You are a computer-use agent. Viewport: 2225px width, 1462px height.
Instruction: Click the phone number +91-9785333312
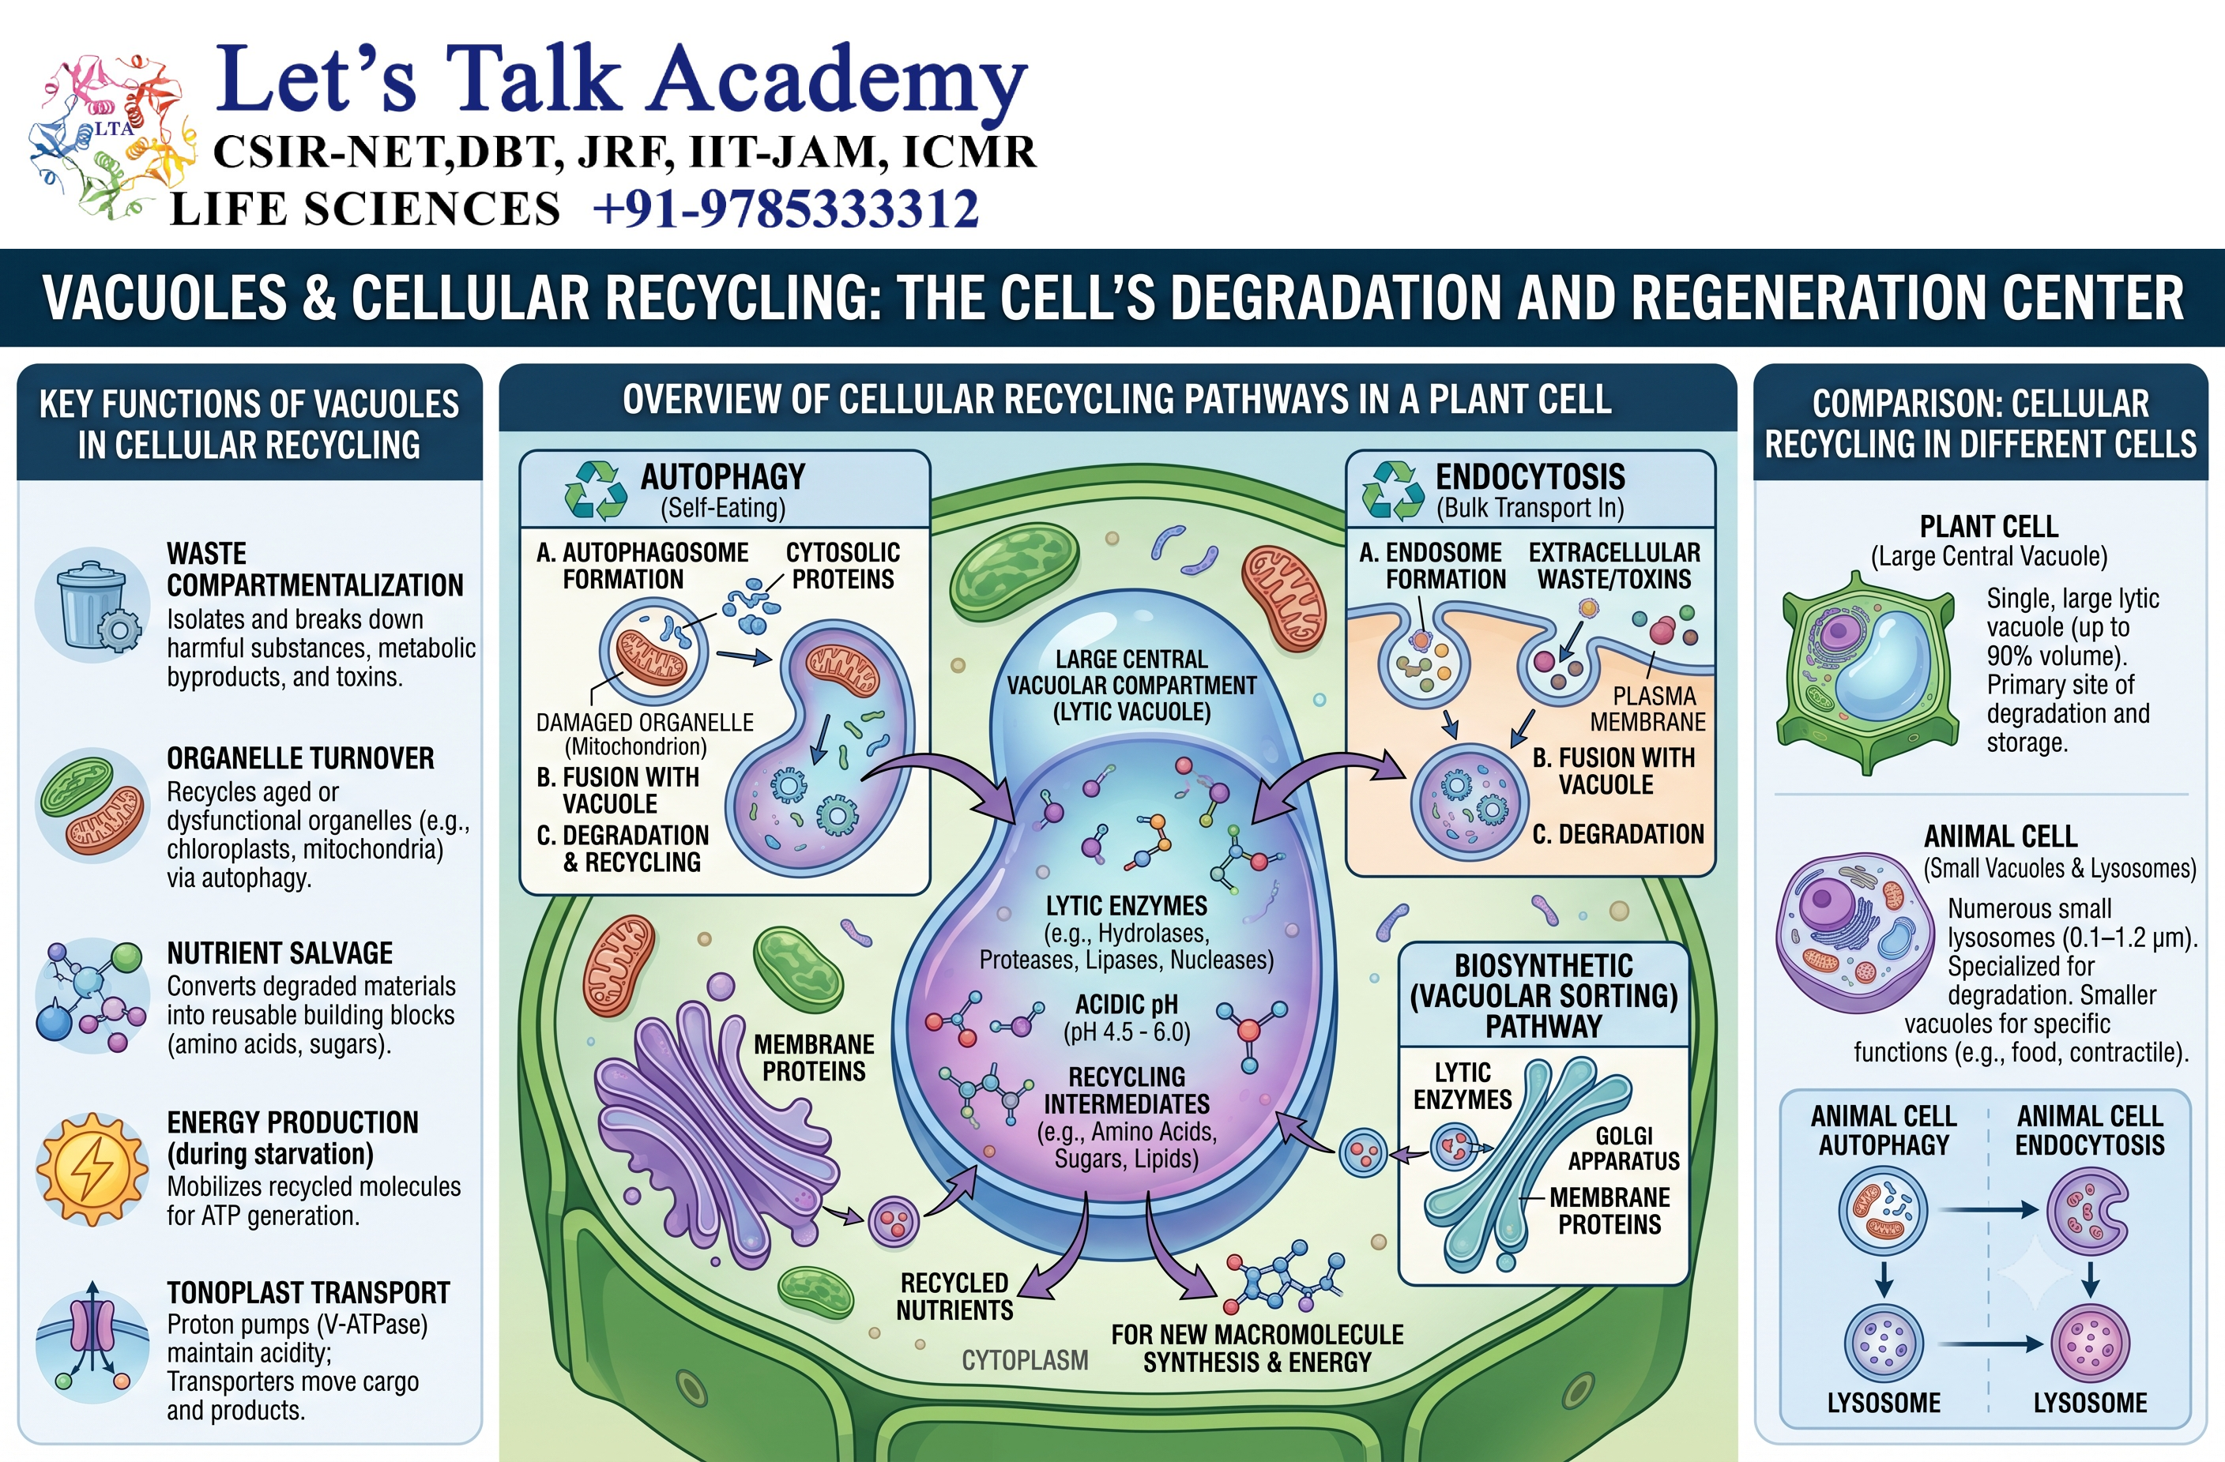coord(785,209)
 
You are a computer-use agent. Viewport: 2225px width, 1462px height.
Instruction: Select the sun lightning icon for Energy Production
coord(92,1168)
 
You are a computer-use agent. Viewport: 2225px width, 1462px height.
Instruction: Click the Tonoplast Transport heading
coord(308,1293)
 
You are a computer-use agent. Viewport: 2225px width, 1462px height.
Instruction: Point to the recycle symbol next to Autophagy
coord(596,490)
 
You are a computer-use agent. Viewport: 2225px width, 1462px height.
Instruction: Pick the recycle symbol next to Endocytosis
coord(1393,490)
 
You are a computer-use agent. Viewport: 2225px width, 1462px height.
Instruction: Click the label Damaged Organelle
coord(645,723)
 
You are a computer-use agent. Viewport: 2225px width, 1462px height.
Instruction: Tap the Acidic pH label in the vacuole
coord(1127,1005)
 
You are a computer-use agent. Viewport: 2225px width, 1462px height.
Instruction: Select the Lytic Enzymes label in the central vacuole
coord(1127,906)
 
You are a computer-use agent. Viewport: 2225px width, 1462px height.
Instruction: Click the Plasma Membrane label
coord(1648,708)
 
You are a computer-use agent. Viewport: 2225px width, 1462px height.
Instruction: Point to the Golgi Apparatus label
coord(1624,1148)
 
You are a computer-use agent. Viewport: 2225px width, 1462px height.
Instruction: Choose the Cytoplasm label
coord(1025,1360)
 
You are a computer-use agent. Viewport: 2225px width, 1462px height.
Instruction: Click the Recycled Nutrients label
coord(954,1297)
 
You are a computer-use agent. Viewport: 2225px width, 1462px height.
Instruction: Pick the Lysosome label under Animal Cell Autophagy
coord(1884,1402)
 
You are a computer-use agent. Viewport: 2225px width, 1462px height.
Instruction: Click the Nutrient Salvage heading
coord(280,953)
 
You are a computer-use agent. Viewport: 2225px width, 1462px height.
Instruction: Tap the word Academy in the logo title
coord(838,85)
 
